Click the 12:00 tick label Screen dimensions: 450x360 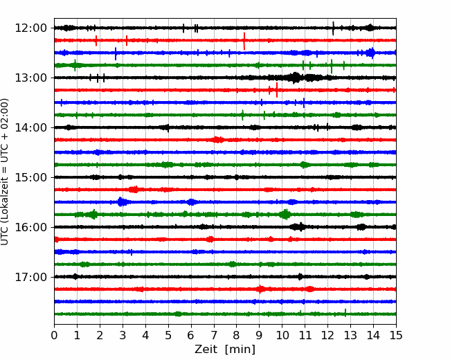click(30, 28)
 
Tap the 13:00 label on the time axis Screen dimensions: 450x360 click(30, 78)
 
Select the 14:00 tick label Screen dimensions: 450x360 click(30, 127)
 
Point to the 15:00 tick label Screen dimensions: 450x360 click(30, 177)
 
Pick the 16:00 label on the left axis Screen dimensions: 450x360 click(30, 227)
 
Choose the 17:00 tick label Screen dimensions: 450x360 click(30, 277)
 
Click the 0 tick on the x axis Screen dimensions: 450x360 click(54, 335)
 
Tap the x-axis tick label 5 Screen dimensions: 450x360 click(168, 335)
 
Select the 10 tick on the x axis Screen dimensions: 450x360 click(282, 335)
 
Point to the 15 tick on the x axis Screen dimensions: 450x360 click(396, 335)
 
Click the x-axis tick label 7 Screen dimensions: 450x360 click(214, 335)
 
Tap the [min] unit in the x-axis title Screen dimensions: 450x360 click(240, 350)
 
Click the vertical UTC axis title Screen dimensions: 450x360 click(5, 172)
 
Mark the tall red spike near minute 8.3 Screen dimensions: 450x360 click(244, 41)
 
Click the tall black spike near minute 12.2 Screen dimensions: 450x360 click(333, 28)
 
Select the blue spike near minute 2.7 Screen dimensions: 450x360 click(116, 54)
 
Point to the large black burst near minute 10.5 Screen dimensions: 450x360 click(296, 78)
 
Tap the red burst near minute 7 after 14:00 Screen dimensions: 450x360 click(217, 140)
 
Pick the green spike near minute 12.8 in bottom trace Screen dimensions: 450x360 click(345, 313)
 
